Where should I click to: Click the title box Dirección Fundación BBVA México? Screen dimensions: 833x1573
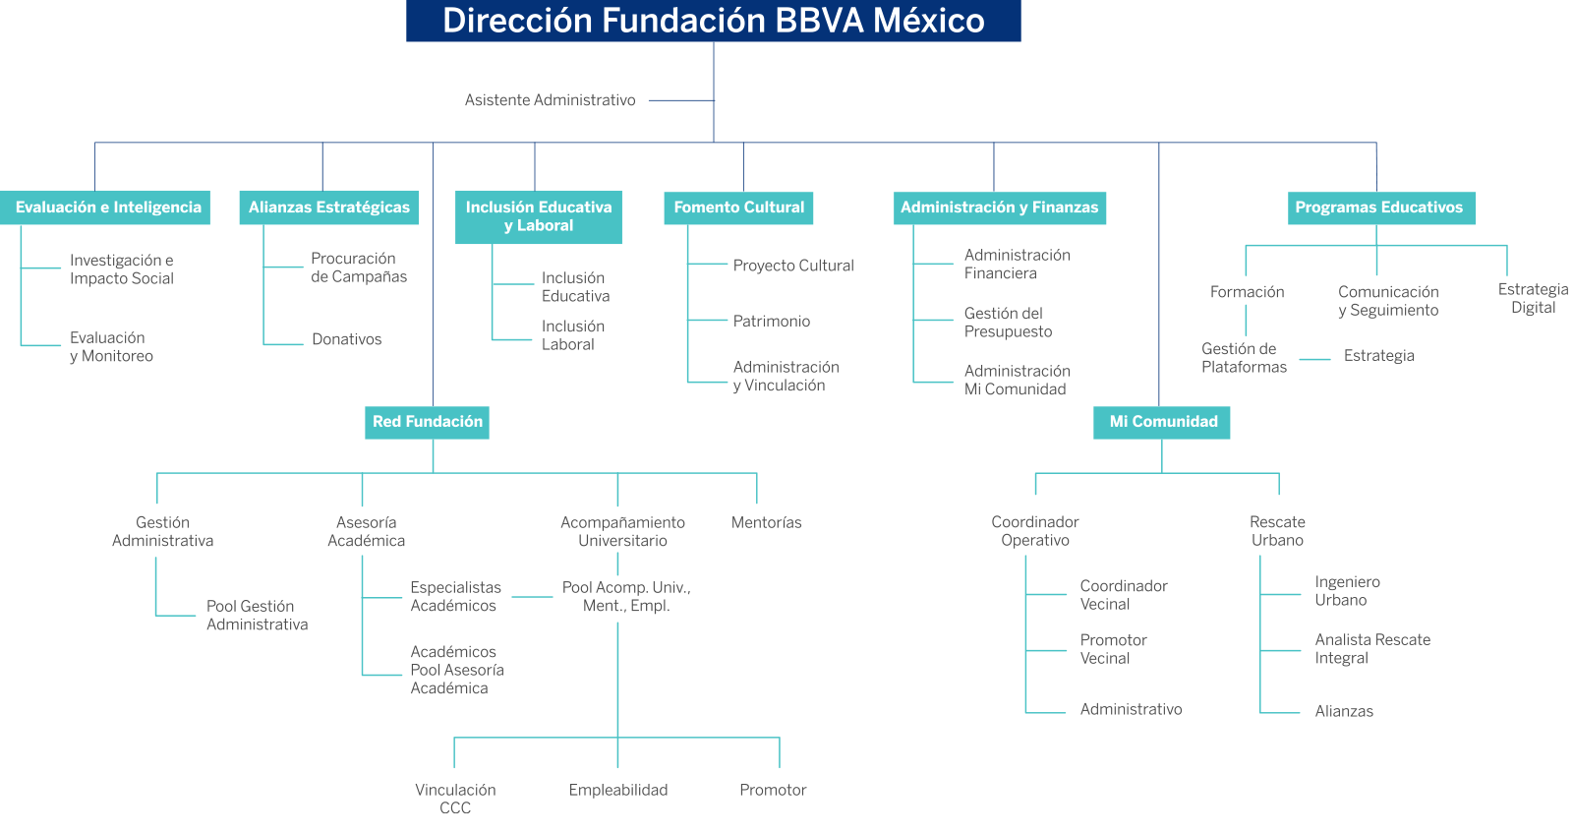click(713, 21)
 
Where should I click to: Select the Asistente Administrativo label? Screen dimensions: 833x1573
click(550, 100)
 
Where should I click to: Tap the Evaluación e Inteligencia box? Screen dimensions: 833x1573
click(107, 208)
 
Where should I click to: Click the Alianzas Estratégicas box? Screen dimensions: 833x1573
click(328, 208)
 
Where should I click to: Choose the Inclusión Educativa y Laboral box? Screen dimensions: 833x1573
click(539, 216)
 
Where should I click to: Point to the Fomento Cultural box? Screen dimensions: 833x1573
click(738, 208)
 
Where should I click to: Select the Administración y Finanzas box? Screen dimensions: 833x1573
click(999, 208)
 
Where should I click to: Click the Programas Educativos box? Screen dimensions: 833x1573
click(1378, 208)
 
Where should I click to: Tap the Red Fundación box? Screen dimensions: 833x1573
click(427, 422)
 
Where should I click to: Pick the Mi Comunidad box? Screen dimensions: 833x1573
click(1162, 422)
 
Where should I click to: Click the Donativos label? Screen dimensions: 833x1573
click(346, 339)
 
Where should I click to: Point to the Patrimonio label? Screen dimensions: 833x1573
click(772, 322)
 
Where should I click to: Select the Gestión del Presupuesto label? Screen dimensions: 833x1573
click(1008, 323)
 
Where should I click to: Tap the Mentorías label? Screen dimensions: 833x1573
click(766, 523)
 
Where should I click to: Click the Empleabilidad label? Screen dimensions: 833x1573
click(618, 790)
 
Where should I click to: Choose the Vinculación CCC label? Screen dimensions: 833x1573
click(455, 799)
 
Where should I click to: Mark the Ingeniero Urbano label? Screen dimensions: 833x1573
click(1347, 591)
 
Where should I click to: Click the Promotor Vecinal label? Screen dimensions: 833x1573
click(1113, 649)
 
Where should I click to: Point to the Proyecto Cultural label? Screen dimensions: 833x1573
click(793, 266)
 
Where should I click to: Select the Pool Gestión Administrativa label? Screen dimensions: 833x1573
click(257, 616)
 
